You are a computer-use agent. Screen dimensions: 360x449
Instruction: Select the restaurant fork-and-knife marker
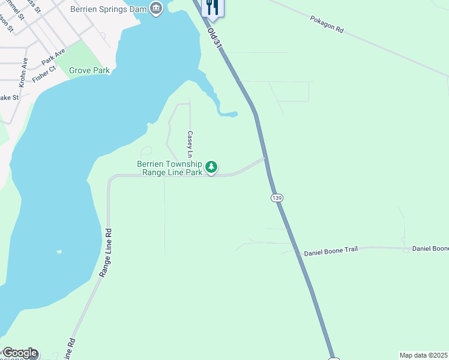click(x=211, y=7)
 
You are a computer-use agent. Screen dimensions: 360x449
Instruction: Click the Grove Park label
click(x=89, y=70)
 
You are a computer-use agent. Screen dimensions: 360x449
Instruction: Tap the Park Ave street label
click(x=53, y=58)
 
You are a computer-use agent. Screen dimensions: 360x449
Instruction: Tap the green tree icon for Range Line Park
click(x=211, y=167)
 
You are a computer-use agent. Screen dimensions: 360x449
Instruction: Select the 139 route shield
click(x=276, y=197)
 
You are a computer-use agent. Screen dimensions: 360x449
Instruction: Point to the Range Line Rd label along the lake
click(x=106, y=252)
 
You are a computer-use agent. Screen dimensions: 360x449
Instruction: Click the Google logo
click(x=19, y=353)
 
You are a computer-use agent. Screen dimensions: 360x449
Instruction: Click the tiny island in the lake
click(x=58, y=251)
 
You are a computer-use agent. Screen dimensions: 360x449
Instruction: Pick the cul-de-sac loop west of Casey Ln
click(x=146, y=151)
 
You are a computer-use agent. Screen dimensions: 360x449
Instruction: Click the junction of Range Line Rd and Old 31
click(x=265, y=159)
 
